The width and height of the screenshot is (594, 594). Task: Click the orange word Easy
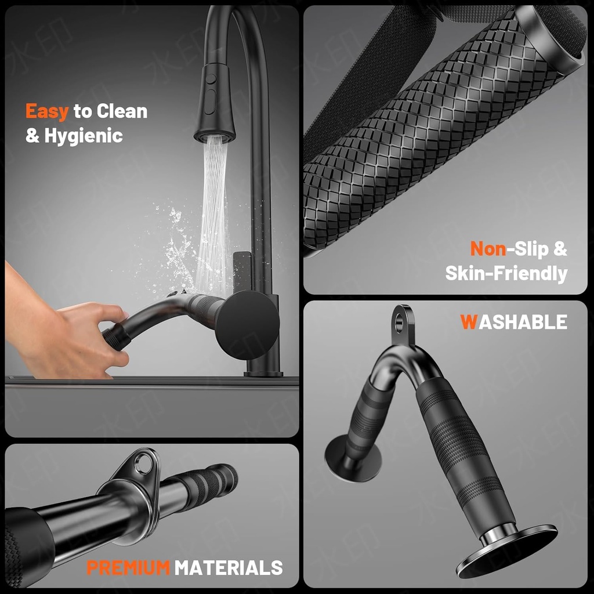point(47,111)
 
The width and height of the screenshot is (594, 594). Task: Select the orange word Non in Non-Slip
point(487,249)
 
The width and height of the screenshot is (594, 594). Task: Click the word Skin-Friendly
point(506,273)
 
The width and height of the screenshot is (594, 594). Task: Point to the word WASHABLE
point(514,321)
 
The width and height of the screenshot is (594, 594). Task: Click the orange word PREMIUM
point(128,567)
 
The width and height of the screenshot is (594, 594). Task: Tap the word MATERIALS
point(229,567)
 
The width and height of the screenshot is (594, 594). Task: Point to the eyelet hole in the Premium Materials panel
point(141,463)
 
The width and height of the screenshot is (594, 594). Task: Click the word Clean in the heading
point(122,111)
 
